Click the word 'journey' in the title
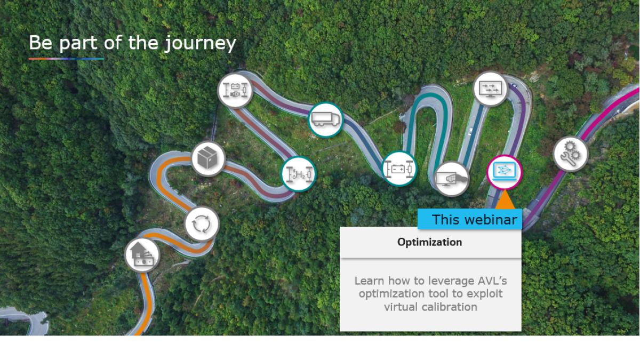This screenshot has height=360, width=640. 201,44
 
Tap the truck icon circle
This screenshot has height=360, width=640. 326,119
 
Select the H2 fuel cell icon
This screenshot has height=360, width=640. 299,174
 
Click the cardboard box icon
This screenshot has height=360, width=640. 209,158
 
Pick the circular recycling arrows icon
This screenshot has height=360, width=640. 202,223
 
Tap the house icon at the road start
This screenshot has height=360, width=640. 142,255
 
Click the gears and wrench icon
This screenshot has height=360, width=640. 571,154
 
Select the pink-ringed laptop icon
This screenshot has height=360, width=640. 505,172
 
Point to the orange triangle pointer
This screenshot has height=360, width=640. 505,201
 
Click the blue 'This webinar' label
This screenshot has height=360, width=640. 470,219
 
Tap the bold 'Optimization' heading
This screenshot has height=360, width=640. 429,242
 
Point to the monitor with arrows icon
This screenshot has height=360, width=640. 491,89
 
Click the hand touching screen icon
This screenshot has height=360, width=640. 451,179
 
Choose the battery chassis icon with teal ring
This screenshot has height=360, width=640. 399,169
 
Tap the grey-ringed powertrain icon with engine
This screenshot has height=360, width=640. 235,90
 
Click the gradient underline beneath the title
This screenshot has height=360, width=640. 66,59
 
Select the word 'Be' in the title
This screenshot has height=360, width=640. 41,43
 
